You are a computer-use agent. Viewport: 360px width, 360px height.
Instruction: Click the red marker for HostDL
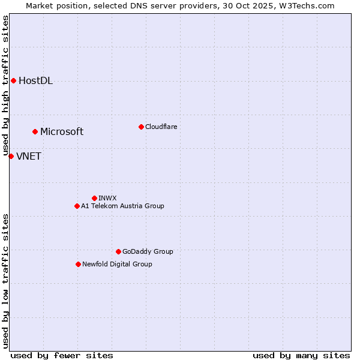click(x=13, y=81)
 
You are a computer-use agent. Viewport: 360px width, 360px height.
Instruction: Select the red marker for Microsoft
click(x=35, y=131)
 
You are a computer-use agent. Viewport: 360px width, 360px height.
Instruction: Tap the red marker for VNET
click(x=11, y=156)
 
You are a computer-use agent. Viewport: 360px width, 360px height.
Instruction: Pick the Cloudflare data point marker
click(x=141, y=127)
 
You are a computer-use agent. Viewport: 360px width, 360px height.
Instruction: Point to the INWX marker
click(x=94, y=198)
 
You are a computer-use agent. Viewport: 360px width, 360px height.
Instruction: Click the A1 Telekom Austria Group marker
click(x=77, y=206)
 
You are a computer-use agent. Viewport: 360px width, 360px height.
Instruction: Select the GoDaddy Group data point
click(x=118, y=251)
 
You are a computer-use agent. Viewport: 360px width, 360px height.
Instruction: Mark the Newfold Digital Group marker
click(x=78, y=264)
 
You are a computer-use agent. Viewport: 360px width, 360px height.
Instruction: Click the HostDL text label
click(x=35, y=81)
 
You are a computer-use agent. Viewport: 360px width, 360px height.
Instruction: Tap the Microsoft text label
click(x=62, y=131)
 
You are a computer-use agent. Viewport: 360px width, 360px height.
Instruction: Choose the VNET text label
click(x=29, y=157)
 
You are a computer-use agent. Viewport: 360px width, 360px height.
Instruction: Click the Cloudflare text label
click(x=161, y=127)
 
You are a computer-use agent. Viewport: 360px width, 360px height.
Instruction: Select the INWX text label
click(x=107, y=198)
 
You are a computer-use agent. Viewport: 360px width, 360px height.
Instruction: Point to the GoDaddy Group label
click(x=148, y=251)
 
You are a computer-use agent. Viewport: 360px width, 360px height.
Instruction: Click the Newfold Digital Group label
click(x=117, y=264)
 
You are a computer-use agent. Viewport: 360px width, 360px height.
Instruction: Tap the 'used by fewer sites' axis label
click(x=62, y=355)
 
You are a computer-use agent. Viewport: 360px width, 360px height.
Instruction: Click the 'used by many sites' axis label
click(x=301, y=355)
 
